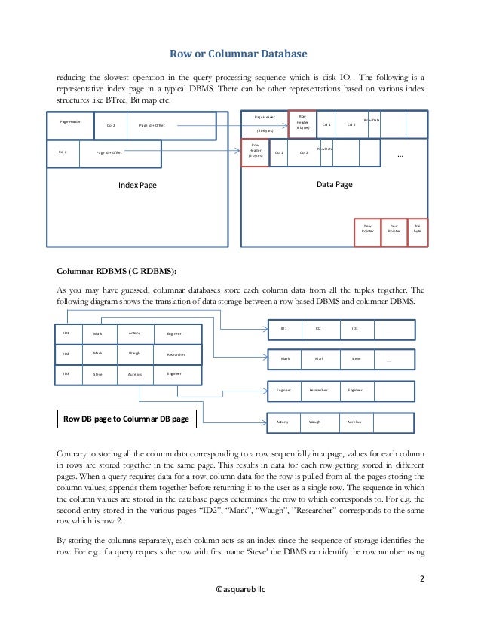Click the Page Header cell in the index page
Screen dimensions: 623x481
[x=70, y=121]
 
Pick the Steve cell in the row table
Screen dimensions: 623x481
[x=98, y=374]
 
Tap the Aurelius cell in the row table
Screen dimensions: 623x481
[x=134, y=374]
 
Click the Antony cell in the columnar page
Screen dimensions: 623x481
[x=283, y=422]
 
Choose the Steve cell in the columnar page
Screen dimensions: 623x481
[x=356, y=359]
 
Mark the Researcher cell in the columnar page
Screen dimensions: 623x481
[x=319, y=391]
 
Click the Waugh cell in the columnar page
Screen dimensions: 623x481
[x=314, y=422]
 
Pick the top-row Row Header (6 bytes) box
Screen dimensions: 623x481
[x=302, y=123]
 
